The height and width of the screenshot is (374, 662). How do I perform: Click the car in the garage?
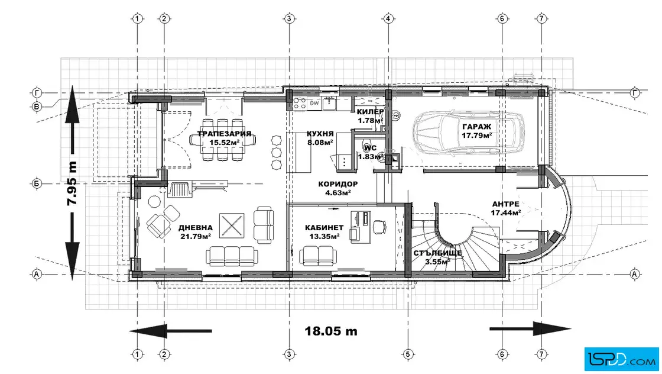469,133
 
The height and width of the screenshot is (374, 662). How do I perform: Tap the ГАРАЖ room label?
476,127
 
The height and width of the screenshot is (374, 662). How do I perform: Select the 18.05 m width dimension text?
331,331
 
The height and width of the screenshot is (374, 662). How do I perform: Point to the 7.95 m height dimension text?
72,183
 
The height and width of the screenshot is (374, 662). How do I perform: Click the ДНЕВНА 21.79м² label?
196,232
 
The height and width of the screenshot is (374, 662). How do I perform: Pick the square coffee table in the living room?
232,225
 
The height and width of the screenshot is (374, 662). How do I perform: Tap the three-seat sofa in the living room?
232,256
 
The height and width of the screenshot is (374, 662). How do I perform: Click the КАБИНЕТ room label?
324,228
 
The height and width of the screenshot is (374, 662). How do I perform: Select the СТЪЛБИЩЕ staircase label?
437,253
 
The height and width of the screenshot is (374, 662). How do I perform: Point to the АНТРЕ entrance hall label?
505,204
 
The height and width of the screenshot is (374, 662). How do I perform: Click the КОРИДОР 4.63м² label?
338,188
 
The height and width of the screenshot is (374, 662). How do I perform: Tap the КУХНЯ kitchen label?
320,134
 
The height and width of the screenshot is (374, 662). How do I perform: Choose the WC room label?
370,148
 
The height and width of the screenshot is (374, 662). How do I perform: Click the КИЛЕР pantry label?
370,112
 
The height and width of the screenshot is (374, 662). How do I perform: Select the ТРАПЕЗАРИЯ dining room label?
224,134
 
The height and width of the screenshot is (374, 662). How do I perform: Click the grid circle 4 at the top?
388,18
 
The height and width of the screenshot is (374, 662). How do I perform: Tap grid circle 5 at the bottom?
407,354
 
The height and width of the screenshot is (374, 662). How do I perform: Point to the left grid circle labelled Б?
37,184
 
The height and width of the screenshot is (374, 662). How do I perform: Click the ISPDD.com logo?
621,359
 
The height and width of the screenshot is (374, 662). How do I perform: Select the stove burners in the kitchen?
300,104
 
